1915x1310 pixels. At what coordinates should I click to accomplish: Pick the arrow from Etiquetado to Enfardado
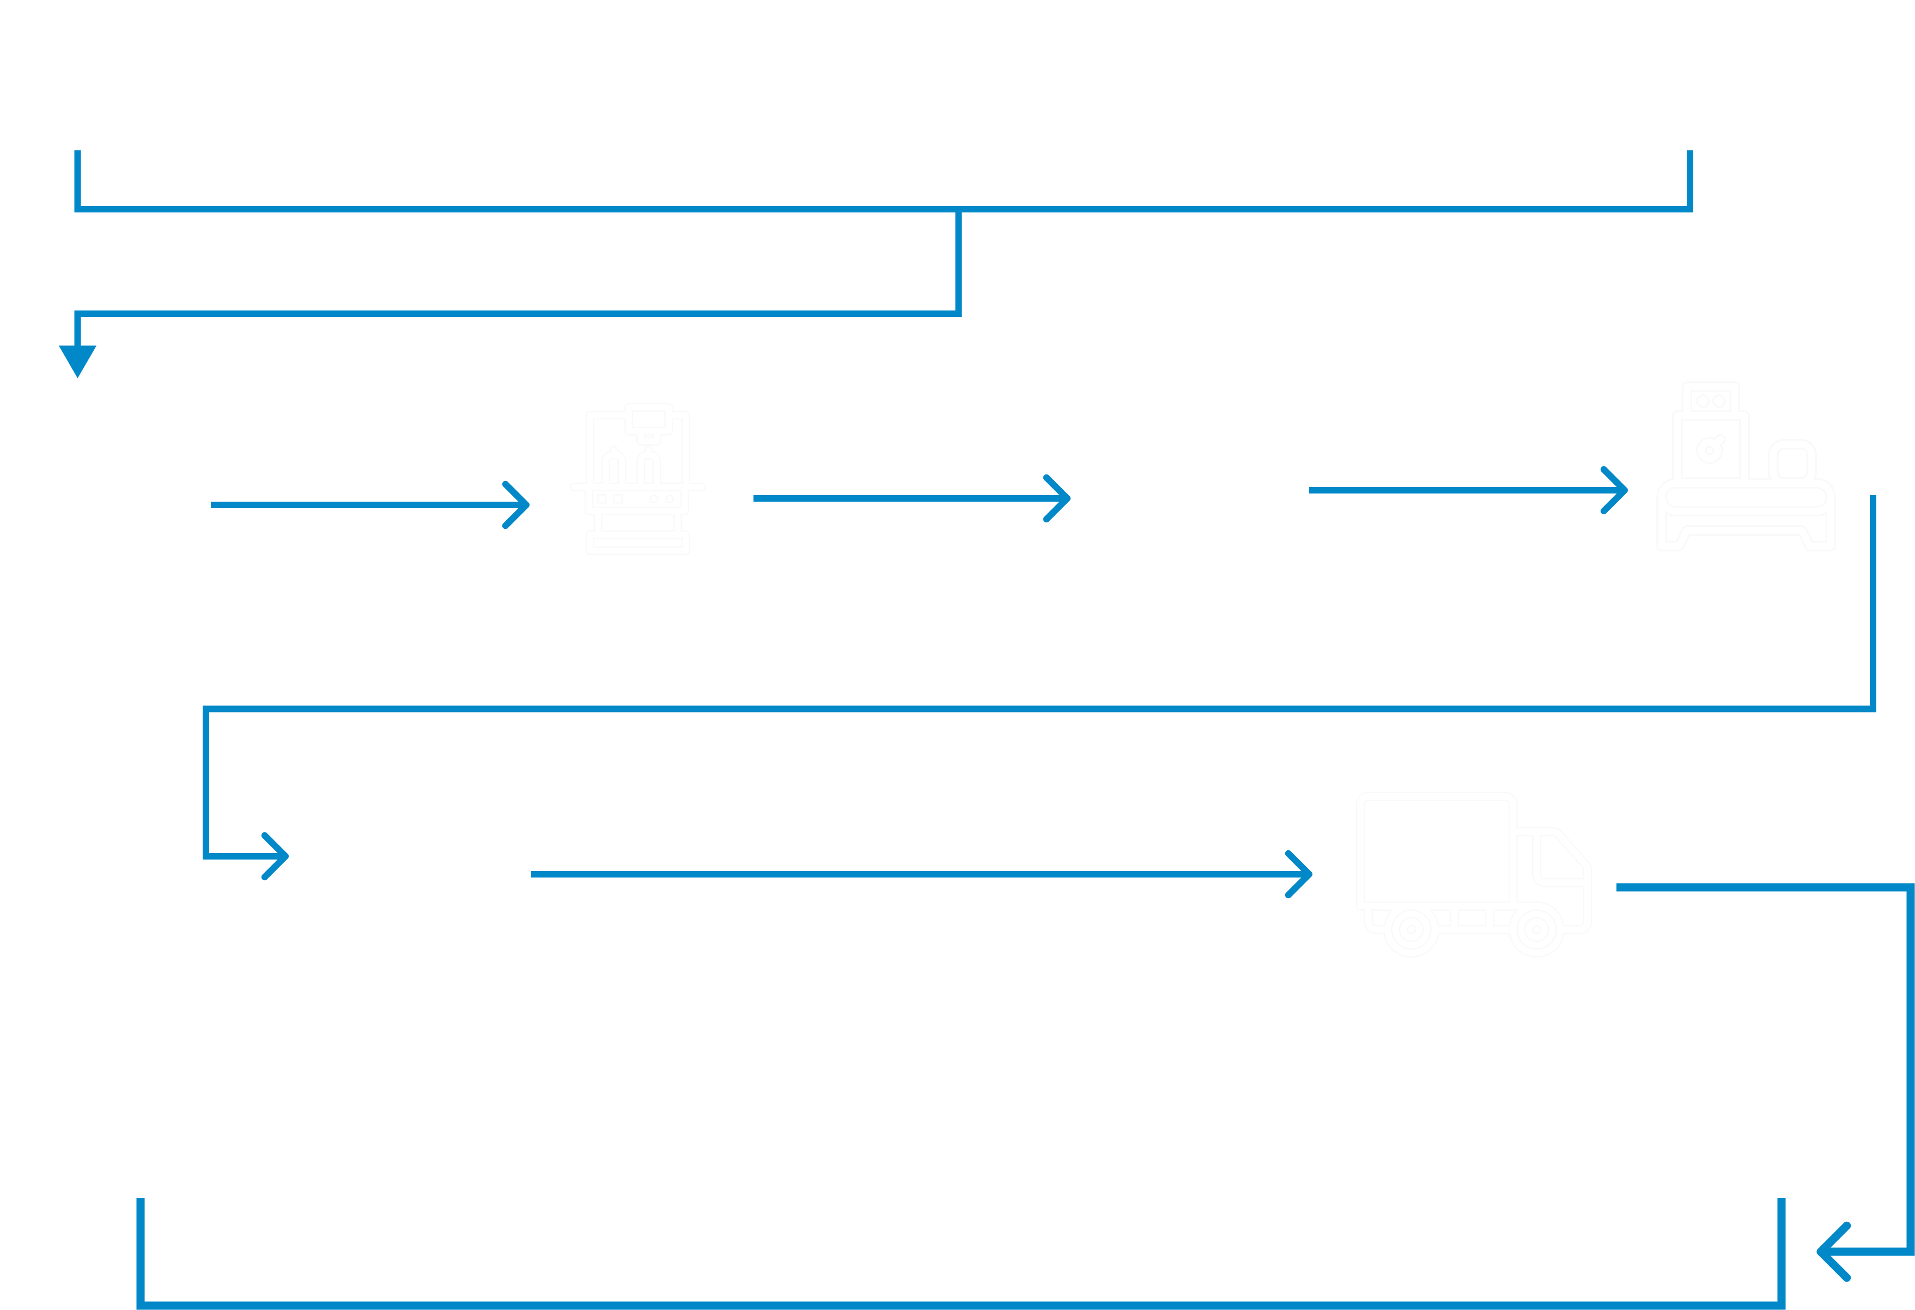point(1467,490)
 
